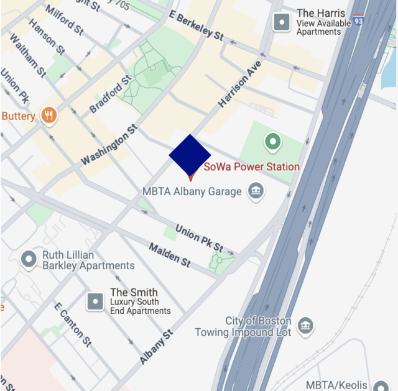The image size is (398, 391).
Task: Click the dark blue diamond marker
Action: [190, 155]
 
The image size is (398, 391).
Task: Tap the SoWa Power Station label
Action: [252, 167]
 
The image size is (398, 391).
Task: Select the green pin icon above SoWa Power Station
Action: [272, 142]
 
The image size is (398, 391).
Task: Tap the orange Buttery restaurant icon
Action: [49, 115]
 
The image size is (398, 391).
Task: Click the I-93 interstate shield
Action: [359, 21]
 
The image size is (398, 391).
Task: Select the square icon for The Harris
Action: [282, 22]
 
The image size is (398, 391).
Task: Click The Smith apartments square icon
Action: [95, 301]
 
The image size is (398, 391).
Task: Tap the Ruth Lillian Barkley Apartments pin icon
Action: [29, 259]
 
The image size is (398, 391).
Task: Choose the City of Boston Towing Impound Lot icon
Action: [305, 326]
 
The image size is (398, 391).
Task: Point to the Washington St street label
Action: [109, 145]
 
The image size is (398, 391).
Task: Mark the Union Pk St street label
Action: [199, 238]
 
